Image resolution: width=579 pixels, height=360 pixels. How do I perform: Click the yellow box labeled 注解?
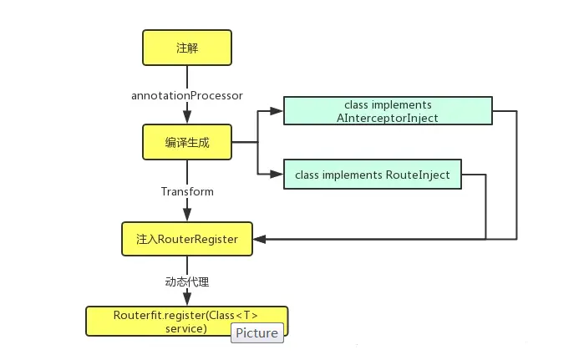pos(186,48)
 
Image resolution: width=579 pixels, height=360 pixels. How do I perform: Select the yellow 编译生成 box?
pos(186,143)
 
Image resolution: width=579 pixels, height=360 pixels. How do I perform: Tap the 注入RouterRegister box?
pos(186,239)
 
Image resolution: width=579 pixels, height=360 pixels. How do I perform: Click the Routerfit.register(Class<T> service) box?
pos(186,322)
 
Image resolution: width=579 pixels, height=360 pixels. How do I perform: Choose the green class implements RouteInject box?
pos(373,175)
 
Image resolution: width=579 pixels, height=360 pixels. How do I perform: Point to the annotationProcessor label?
pos(187,95)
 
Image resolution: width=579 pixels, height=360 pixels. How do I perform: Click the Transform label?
pos(187,191)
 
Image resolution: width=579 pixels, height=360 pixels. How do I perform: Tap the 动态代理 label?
pos(186,282)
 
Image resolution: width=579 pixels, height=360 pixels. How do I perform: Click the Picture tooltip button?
pos(256,332)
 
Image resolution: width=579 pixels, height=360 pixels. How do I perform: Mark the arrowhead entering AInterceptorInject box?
pos(278,111)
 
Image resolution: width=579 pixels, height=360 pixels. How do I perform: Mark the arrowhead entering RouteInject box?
pos(278,175)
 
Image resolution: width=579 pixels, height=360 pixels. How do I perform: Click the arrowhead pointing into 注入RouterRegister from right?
pos(259,240)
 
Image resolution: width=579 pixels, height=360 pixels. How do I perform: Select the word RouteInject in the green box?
pos(420,175)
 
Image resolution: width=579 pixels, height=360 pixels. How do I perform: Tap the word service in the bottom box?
pos(185,328)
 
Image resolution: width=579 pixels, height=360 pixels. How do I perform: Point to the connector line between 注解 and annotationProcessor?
pos(186,76)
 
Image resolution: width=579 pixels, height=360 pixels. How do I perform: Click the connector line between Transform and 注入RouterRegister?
pos(186,210)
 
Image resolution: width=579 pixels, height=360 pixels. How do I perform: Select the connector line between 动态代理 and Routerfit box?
pos(186,298)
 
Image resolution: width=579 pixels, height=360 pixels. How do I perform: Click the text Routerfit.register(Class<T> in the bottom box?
pos(186,315)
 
